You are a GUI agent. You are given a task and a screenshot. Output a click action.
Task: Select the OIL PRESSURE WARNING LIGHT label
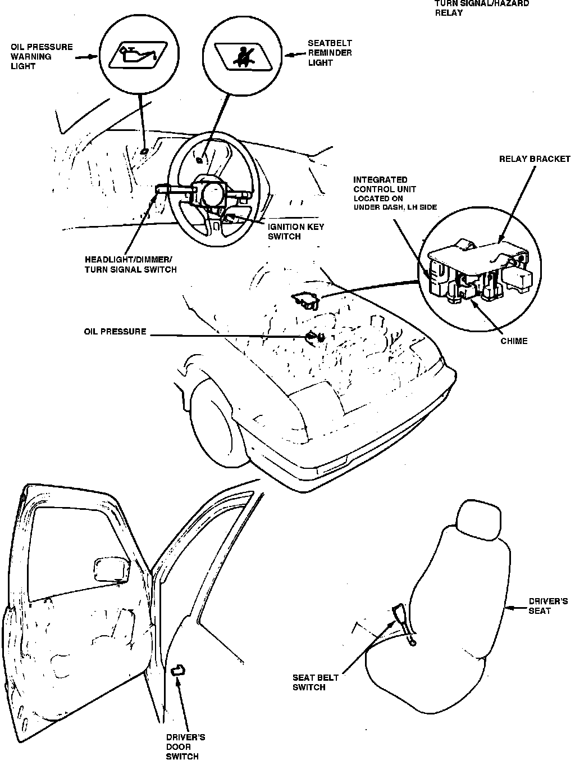tap(42, 56)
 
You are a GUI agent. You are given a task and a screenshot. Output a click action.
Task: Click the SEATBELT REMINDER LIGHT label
tap(330, 53)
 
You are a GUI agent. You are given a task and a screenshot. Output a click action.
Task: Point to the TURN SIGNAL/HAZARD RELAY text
tap(482, 7)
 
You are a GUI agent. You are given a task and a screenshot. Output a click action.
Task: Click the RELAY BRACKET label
tap(535, 159)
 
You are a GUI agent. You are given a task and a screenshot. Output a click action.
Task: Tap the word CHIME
tap(514, 341)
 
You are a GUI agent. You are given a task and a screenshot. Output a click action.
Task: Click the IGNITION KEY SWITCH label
tap(295, 232)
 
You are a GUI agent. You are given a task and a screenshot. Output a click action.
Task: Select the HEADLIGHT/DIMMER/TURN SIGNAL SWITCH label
tap(130, 264)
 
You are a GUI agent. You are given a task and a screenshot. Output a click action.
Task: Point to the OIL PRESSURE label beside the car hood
tap(115, 332)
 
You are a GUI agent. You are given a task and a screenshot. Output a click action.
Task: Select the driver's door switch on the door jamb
tap(179, 669)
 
